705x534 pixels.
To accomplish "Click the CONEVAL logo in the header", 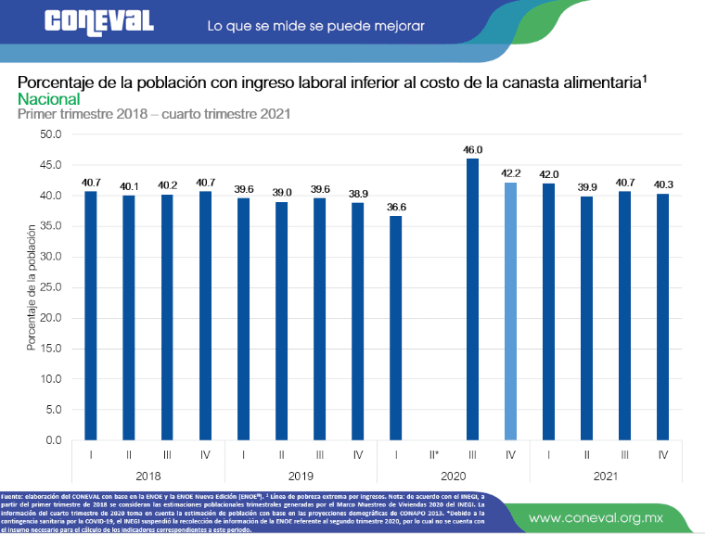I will point(98,22).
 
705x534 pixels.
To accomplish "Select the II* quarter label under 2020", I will point(434,455).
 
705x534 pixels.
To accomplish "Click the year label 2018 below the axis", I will point(148,474).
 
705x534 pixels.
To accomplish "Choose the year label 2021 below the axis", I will point(606,474).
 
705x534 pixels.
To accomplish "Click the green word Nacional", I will point(48,99).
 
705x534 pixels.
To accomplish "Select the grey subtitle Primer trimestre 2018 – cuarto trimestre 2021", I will point(154,115).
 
